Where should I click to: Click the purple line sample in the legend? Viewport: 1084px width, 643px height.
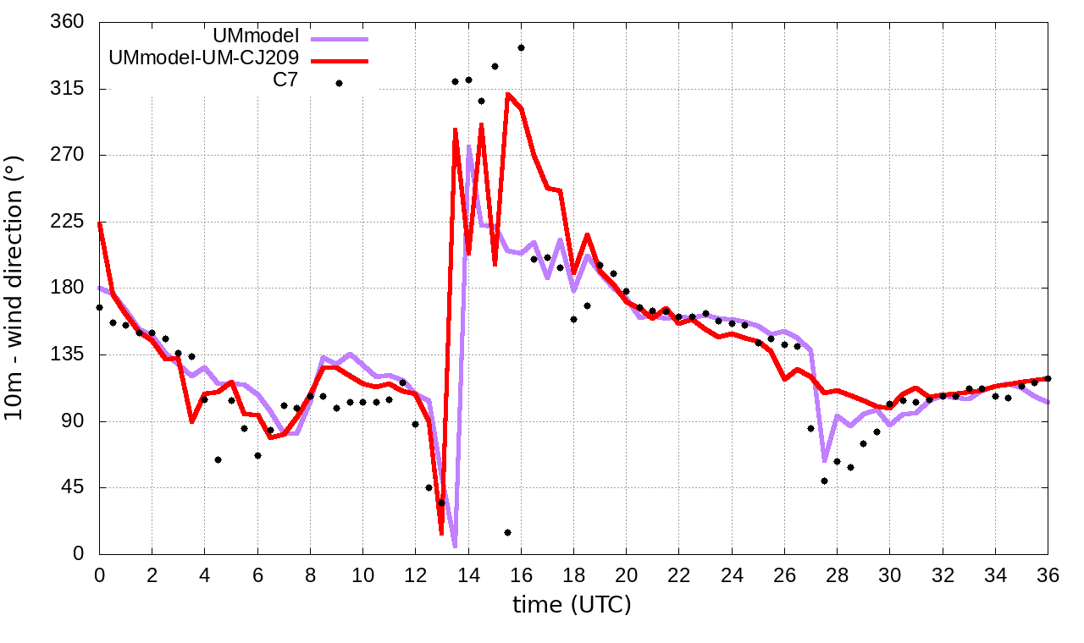[340, 38]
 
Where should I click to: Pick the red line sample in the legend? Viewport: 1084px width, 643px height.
[340, 61]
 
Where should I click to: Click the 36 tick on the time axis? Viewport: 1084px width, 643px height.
[1048, 574]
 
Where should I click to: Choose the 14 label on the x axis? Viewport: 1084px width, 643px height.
[468, 574]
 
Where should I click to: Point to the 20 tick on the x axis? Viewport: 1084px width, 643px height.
[627, 574]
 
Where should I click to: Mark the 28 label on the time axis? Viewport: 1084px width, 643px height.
[838, 574]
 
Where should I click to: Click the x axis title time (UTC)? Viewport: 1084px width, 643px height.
[572, 604]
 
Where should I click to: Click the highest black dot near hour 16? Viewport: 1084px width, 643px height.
[522, 48]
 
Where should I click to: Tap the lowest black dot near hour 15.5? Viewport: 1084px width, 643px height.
[507, 532]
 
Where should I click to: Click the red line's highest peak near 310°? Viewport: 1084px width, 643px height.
[508, 94]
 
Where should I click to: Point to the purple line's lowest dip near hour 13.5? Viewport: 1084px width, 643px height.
[455, 546]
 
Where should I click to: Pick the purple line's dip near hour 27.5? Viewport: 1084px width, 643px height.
[824, 460]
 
